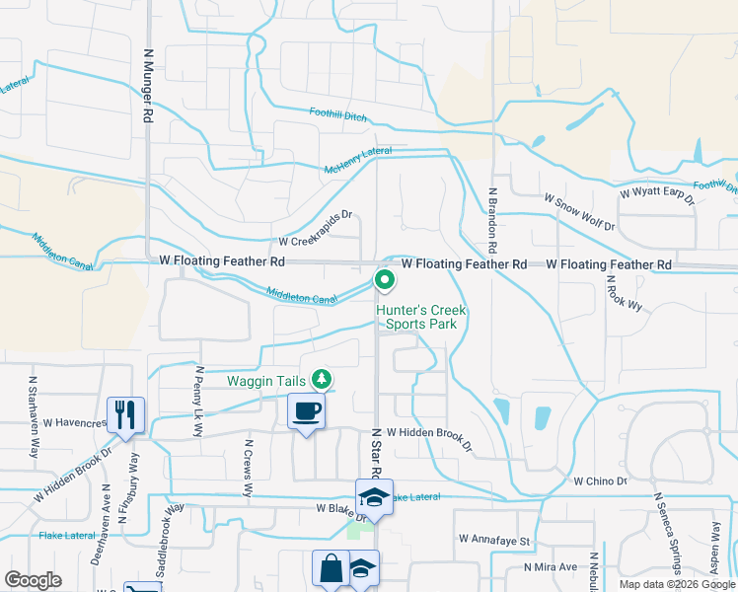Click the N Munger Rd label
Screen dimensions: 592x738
point(148,87)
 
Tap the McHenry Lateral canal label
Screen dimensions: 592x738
point(358,161)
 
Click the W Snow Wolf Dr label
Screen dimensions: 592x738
point(579,212)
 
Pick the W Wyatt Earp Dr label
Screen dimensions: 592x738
point(658,195)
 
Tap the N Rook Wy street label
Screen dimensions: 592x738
point(624,292)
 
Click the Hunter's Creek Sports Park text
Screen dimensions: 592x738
point(420,317)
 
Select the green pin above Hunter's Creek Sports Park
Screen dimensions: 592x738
point(384,281)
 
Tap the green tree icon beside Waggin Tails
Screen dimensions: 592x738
point(321,379)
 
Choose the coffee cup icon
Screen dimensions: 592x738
point(306,410)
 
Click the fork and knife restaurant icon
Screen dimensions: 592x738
point(126,414)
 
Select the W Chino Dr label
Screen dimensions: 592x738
point(600,481)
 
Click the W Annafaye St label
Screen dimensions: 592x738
point(494,541)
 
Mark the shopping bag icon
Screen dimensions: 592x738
point(330,568)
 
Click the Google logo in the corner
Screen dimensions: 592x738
point(34,579)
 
